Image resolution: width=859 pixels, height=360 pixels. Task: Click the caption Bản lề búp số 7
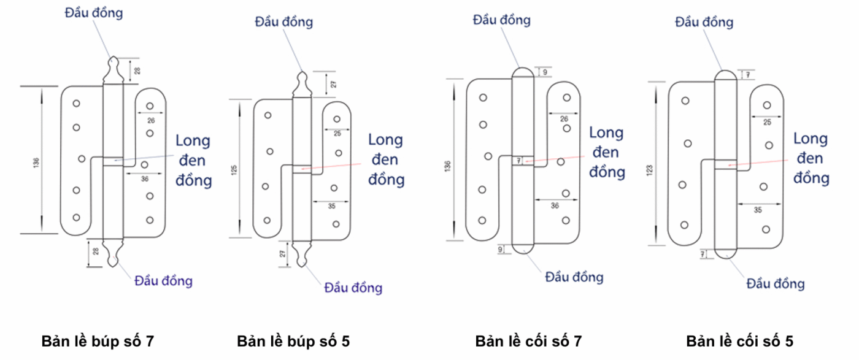click(97, 342)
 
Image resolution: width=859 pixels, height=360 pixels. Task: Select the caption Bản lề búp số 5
click(293, 342)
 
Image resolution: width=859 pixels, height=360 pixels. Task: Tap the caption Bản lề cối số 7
click(528, 342)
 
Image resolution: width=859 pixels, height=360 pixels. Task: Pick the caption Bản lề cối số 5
click(743, 342)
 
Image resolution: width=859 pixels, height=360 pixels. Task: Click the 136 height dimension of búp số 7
click(36, 163)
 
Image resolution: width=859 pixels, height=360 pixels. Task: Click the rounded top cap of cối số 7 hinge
click(523, 72)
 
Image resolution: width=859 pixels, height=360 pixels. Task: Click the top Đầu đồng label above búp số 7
click(94, 13)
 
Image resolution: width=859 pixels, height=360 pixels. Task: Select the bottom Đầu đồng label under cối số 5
click(776, 283)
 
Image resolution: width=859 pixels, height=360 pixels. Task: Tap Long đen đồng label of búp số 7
click(193, 161)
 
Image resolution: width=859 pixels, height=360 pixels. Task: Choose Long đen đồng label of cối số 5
click(811, 158)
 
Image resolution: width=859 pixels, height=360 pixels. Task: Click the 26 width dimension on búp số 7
click(151, 120)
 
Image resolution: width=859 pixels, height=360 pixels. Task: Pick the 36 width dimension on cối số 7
click(555, 206)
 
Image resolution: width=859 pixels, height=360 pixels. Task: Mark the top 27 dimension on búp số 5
click(334, 84)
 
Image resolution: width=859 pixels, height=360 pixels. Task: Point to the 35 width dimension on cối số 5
click(758, 210)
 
